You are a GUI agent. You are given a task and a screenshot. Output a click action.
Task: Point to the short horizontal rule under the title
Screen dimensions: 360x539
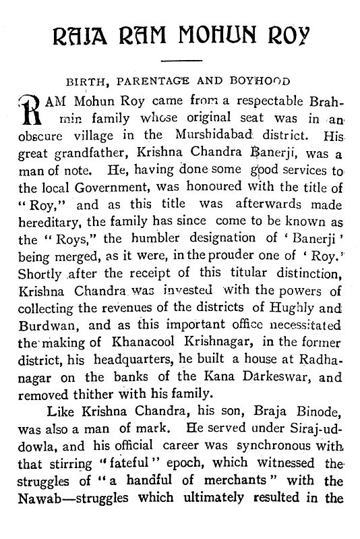coord(180,61)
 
